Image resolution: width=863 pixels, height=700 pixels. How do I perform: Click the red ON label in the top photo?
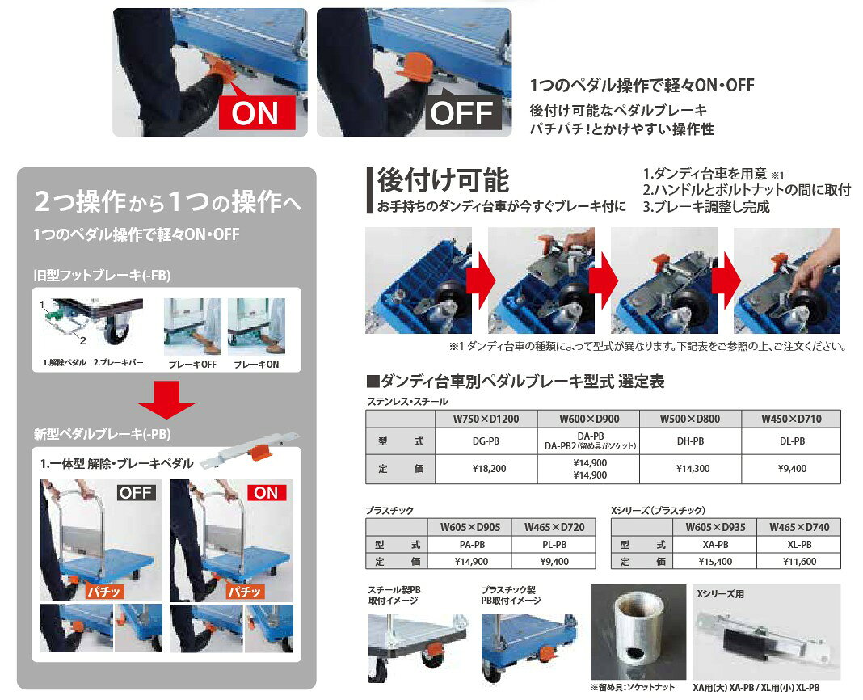[x=257, y=113]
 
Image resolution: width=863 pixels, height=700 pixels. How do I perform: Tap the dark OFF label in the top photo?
[x=463, y=113]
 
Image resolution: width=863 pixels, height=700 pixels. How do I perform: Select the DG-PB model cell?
[x=486, y=441]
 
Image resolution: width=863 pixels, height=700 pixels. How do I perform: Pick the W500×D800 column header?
[x=690, y=419]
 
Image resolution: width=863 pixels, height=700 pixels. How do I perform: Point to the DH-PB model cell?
[x=690, y=441]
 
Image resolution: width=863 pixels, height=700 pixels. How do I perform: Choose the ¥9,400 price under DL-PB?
[x=791, y=469]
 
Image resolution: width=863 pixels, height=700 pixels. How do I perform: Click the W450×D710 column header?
[x=791, y=419]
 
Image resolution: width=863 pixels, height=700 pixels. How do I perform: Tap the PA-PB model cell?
[x=472, y=544]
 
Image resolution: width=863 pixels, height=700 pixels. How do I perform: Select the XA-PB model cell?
[x=715, y=544]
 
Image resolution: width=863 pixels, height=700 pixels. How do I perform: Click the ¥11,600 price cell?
[x=799, y=561]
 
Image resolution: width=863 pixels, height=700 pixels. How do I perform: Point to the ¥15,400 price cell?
[x=715, y=561]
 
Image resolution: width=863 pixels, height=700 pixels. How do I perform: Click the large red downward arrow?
[x=166, y=400]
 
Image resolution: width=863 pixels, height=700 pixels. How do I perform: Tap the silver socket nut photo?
[x=638, y=632]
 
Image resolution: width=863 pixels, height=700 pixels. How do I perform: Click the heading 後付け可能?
[x=443, y=180]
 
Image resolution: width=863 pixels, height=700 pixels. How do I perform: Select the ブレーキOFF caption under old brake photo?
[x=192, y=364]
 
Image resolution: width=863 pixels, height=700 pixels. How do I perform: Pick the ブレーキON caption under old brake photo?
[x=256, y=364]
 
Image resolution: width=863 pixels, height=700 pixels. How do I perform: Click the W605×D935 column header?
[x=715, y=527]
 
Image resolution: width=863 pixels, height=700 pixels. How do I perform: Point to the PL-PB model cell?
[x=554, y=544]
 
